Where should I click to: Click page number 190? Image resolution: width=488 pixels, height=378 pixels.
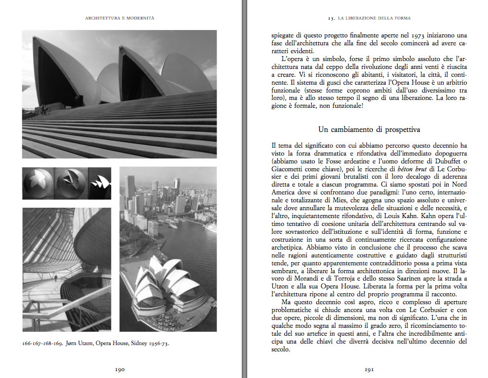pyautogui.click(x=120, y=369)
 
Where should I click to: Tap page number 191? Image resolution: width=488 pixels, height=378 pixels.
pyautogui.click(x=369, y=369)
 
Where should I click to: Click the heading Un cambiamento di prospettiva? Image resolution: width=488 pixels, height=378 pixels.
pyautogui.click(x=369, y=130)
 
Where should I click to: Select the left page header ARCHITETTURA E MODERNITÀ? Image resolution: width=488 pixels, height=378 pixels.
pyautogui.click(x=120, y=18)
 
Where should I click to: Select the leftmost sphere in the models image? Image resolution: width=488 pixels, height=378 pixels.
pyautogui.click(x=38, y=183)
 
